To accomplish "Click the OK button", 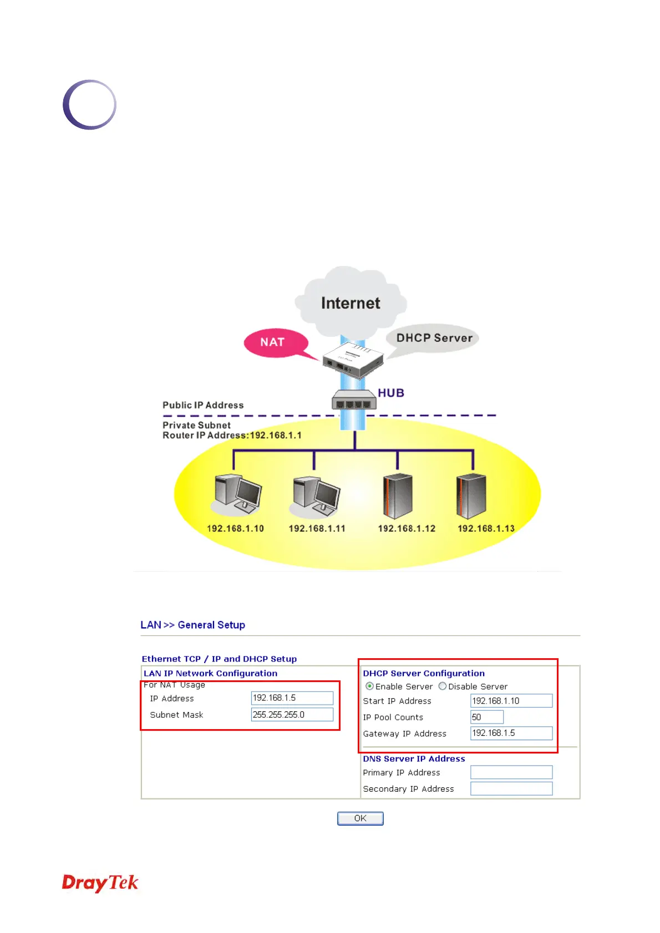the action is (x=360, y=818).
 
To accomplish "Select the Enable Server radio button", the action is (x=370, y=686).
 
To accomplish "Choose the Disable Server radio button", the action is (x=443, y=686).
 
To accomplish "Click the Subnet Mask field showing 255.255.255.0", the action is (x=292, y=715).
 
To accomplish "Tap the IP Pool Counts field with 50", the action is (x=487, y=717).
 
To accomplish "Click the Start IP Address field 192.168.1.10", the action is (x=511, y=701).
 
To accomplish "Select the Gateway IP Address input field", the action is (x=511, y=733).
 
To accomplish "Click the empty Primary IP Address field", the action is (x=511, y=772).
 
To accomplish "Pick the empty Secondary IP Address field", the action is (x=511, y=788).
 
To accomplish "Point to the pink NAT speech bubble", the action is (x=273, y=342).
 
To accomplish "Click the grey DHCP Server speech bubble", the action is (x=434, y=338).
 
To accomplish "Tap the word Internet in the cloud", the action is (x=351, y=303).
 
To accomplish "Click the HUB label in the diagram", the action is (x=391, y=393).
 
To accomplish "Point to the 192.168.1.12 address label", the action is (x=407, y=529).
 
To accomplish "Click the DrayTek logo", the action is (x=100, y=883).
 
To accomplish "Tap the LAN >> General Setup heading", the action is (x=192, y=625).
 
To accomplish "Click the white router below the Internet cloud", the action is (x=353, y=359).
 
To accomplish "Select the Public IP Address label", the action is (x=203, y=405).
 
